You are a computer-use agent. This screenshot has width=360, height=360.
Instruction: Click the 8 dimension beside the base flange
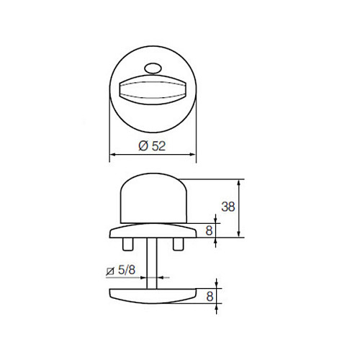(209, 230)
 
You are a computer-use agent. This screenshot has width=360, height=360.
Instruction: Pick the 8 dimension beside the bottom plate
(209, 295)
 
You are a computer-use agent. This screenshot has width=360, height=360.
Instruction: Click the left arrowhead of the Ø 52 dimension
(112, 154)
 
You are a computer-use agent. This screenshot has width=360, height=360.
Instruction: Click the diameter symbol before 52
(141, 145)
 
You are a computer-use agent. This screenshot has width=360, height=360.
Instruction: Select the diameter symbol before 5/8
(109, 271)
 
